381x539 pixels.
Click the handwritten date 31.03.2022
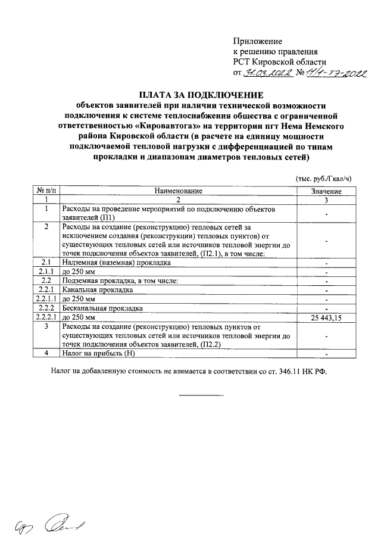point(269,74)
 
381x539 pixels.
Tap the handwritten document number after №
point(336,74)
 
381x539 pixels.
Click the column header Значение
point(326,191)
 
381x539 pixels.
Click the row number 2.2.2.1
point(46,317)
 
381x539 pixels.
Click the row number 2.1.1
point(46,272)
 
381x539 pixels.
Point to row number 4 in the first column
point(46,354)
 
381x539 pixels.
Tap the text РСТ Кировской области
point(279,63)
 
